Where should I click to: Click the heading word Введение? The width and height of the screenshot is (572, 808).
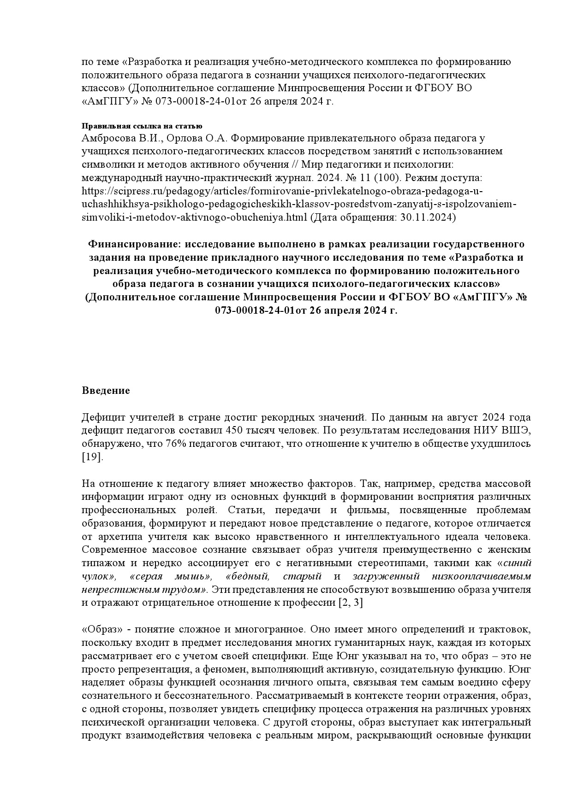coord(106,391)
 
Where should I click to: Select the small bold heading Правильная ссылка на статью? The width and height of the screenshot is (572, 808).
coord(142,126)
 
